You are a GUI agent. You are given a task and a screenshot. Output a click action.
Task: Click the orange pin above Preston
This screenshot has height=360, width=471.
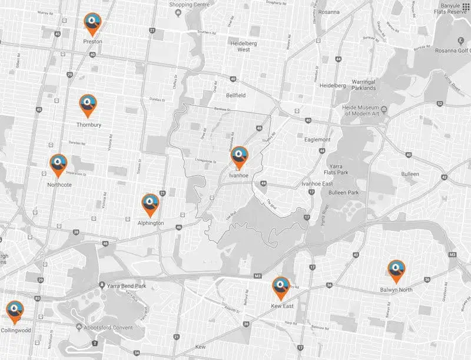(x=91, y=23)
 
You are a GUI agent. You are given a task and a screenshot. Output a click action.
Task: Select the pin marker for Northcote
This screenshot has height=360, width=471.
(x=58, y=164)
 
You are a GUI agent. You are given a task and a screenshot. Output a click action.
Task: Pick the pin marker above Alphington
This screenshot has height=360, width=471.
(x=151, y=203)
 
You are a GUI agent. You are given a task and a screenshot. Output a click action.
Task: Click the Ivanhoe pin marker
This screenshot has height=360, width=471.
(x=239, y=156)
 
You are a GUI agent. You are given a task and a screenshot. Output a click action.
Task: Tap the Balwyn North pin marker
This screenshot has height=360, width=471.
(x=396, y=270)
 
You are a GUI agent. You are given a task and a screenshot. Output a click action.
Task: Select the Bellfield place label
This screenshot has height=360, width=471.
(x=238, y=94)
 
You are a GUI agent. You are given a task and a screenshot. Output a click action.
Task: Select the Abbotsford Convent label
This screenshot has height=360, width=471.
(x=111, y=327)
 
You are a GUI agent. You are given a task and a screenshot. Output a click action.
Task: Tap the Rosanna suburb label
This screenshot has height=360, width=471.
(x=328, y=12)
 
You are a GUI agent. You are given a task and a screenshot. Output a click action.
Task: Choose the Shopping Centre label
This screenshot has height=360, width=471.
(x=190, y=5)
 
